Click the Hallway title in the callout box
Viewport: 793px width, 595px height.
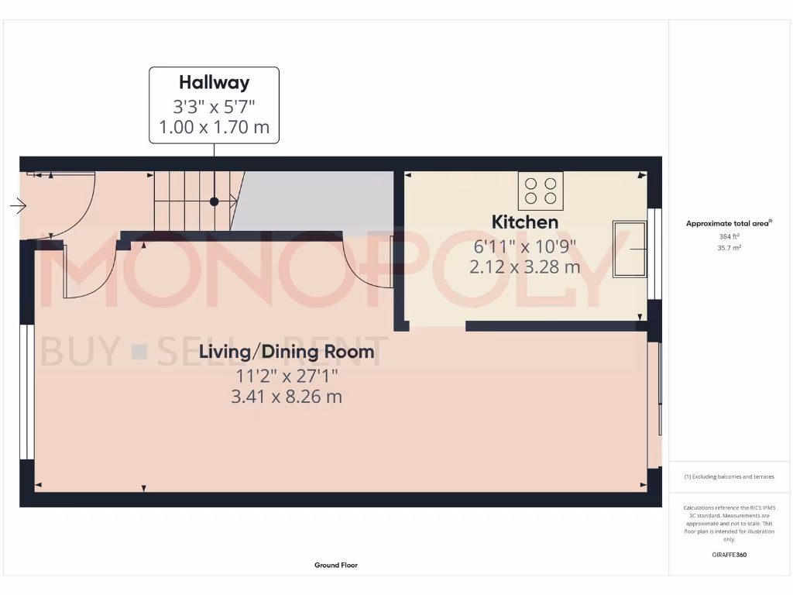point(214,82)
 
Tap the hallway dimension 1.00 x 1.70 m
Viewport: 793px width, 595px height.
point(214,127)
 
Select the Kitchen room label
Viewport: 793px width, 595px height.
point(524,222)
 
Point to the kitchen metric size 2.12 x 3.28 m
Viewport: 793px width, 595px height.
point(524,267)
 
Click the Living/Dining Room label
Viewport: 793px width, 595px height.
point(287,353)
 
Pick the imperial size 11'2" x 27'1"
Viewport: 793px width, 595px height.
point(287,377)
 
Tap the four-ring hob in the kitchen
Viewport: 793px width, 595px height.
point(541,191)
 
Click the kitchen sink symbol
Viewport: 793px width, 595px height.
point(629,249)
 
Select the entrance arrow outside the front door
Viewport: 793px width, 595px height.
point(18,206)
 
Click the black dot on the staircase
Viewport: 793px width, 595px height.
point(213,201)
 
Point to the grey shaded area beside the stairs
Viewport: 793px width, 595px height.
point(314,201)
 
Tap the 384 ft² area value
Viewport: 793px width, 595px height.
point(729,236)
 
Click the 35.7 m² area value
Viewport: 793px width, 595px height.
point(729,248)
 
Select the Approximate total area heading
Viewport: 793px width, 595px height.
point(729,223)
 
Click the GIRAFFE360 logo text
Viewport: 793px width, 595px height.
point(729,555)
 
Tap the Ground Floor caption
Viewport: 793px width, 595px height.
point(336,566)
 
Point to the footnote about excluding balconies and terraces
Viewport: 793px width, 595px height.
point(729,476)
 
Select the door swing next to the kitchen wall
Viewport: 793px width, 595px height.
point(370,263)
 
